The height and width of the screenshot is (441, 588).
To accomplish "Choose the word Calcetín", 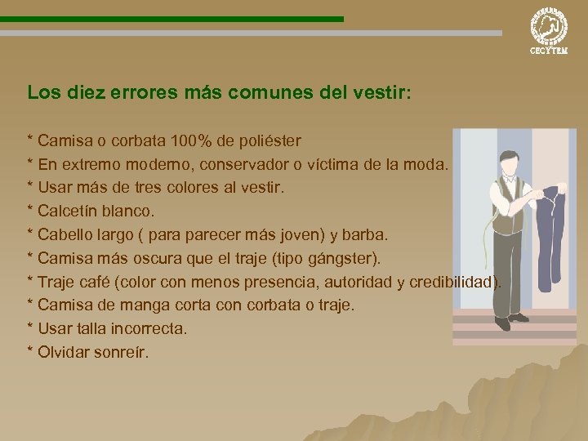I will (69, 212).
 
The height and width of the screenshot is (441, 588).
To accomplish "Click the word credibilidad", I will (450, 283).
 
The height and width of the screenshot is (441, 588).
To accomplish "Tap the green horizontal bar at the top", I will (171, 18).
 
